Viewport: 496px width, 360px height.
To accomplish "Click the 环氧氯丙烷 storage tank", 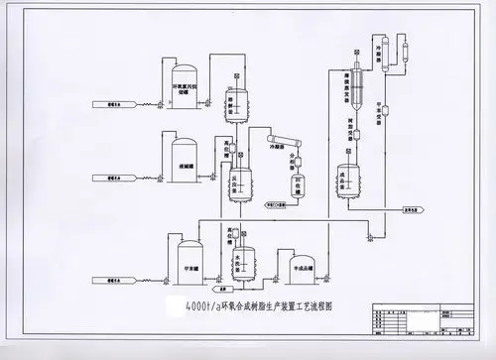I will (185, 81).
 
